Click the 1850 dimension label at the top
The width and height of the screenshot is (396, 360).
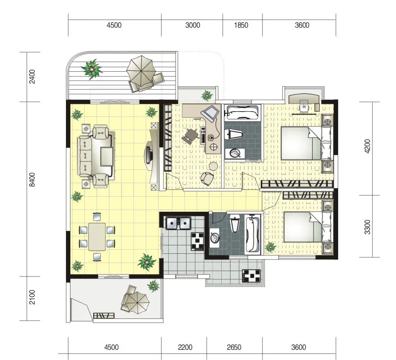tap(241, 25)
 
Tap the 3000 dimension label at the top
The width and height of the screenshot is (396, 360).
tap(192, 25)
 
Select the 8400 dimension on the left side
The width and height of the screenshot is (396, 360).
tap(32, 180)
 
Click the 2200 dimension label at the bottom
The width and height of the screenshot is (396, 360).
tap(185, 347)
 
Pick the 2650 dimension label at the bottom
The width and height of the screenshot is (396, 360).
tap(234, 347)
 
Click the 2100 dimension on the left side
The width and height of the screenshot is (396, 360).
tap(32, 297)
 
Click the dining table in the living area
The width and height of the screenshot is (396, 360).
tap(97, 237)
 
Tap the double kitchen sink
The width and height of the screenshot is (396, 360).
tap(178, 223)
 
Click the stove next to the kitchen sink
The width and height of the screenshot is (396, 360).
tap(197, 241)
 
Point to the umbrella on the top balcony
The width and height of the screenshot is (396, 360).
tap(141, 69)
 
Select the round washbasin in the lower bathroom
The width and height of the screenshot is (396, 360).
tap(215, 237)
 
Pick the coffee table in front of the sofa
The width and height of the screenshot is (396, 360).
tap(107, 156)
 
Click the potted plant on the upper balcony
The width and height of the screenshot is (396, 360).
tap(92, 69)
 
